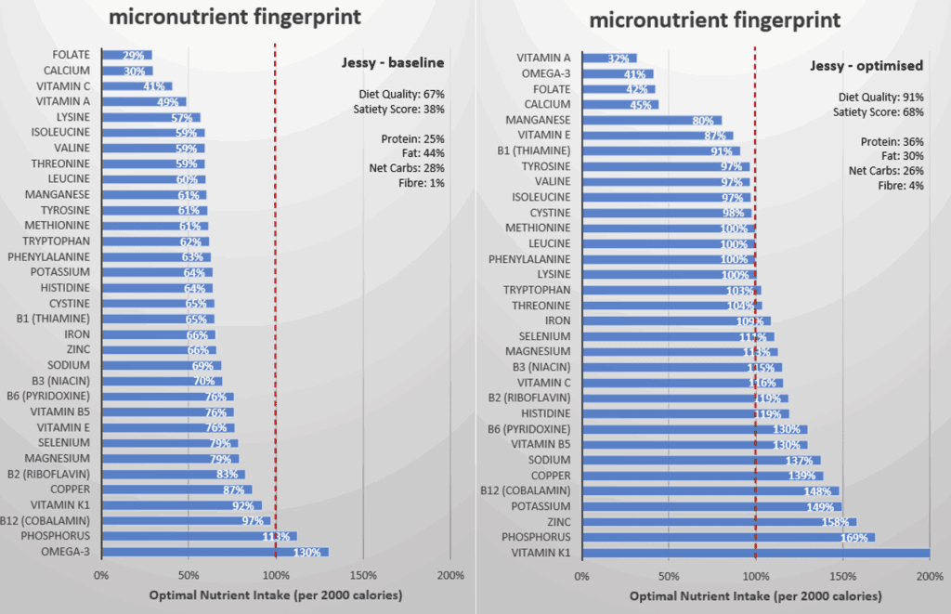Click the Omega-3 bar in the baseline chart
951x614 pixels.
(x=215, y=552)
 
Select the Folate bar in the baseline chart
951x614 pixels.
(x=126, y=55)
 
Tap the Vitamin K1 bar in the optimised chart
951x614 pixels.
(x=756, y=553)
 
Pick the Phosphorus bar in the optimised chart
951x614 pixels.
(x=728, y=537)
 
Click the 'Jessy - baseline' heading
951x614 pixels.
(x=392, y=63)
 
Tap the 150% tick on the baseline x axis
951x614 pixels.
(x=362, y=574)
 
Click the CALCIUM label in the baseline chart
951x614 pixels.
(x=67, y=71)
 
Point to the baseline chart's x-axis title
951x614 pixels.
(x=275, y=594)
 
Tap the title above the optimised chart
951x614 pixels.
(x=715, y=20)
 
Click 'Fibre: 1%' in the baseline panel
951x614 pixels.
(x=423, y=183)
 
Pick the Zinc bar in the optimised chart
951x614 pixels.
(x=720, y=522)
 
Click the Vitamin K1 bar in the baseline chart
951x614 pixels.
(x=181, y=505)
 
